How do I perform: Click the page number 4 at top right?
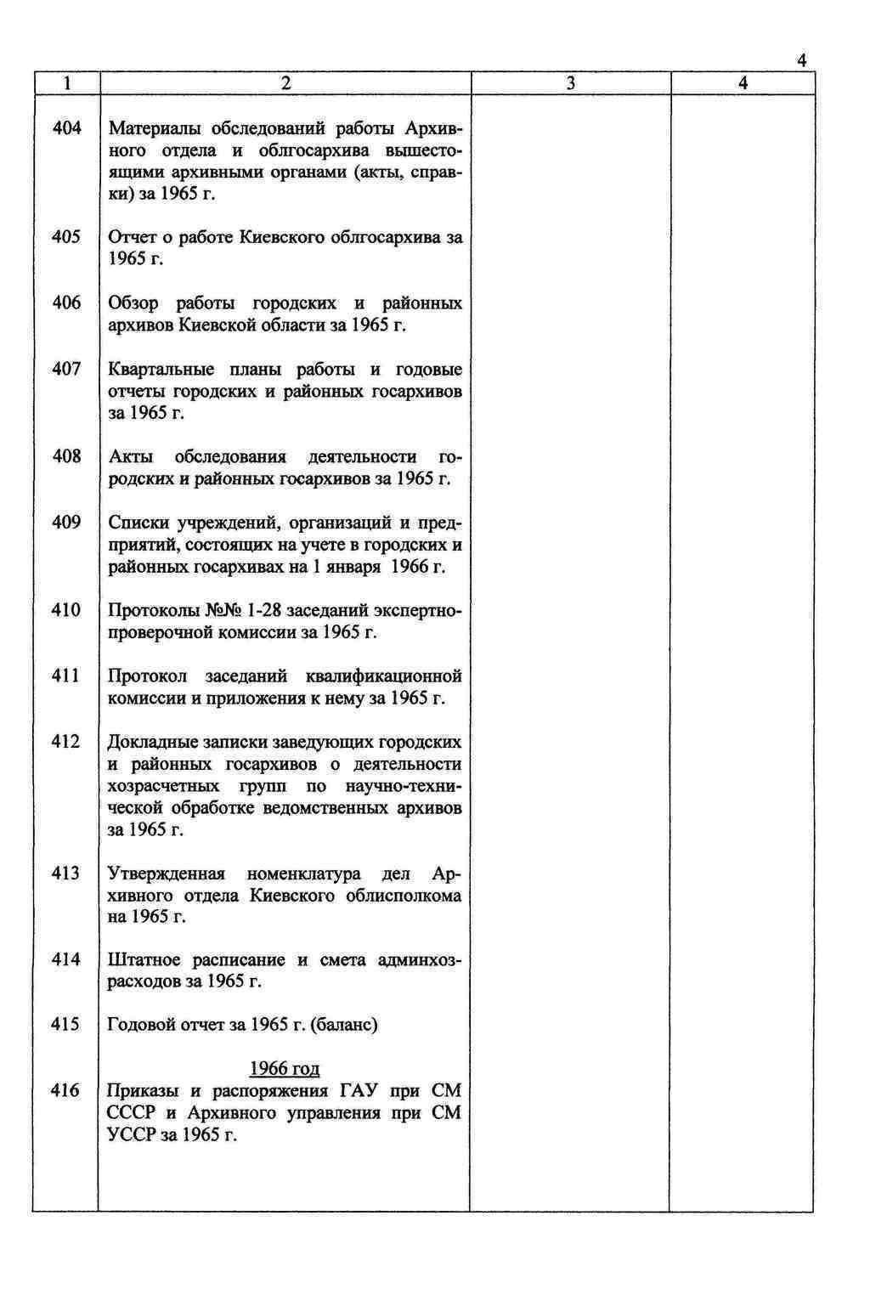(801, 60)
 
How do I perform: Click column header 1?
(66, 83)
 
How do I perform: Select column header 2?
(285, 83)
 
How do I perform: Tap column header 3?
(570, 83)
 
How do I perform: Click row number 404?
(66, 128)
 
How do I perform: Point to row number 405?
(66, 237)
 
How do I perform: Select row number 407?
(66, 369)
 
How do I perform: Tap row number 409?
(66, 523)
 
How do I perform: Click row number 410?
(66, 610)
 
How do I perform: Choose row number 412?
(66, 742)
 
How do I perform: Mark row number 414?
(66, 959)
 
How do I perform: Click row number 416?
(66, 1090)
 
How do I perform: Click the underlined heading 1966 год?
(285, 1069)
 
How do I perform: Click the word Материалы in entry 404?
(155, 129)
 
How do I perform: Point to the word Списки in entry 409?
(138, 523)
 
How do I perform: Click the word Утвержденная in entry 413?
(167, 874)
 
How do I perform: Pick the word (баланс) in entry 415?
(344, 1025)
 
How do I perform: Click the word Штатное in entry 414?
(144, 960)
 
